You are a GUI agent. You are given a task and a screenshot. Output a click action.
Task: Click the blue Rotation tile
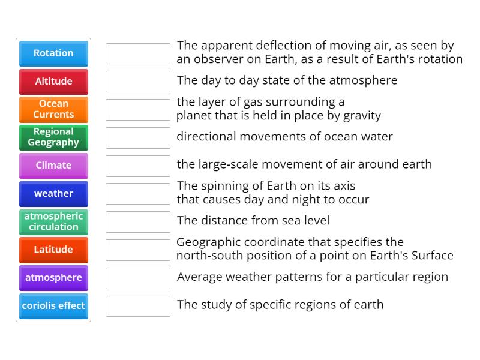53,53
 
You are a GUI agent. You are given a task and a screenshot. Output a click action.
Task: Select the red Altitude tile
53,82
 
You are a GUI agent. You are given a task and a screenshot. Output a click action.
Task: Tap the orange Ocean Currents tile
53,109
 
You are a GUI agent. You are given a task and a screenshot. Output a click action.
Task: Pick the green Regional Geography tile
53,137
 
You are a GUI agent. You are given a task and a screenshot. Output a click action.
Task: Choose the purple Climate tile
53,166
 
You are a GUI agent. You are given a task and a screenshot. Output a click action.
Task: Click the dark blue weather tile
53,194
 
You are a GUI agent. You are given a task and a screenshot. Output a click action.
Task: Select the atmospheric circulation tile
53,221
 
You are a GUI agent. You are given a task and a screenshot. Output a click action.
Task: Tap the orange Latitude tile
53,250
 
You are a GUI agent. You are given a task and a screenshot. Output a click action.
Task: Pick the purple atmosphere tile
53,278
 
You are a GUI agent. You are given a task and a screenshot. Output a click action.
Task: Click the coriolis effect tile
53,306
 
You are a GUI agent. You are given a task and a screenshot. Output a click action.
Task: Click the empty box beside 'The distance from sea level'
138,221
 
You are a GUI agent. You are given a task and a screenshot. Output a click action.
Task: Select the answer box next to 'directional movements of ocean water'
138,137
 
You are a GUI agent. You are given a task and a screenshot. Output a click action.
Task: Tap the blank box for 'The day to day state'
138,82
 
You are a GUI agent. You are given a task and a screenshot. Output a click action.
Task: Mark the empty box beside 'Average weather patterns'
138,278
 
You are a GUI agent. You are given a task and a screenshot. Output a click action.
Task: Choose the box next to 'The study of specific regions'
138,306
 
